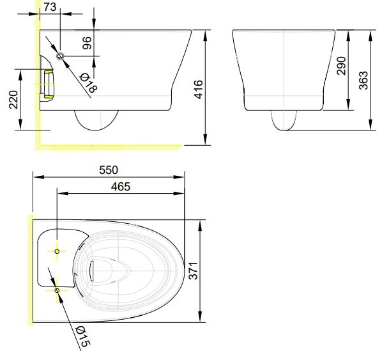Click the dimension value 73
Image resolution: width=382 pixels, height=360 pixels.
click(50, 6)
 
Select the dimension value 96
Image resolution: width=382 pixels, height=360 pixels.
click(88, 43)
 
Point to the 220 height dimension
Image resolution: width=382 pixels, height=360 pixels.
click(13, 99)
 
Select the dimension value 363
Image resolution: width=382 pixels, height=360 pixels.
click(363, 80)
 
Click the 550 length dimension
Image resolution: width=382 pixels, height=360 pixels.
click(108, 169)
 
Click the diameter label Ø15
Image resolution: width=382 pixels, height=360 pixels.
click(82, 337)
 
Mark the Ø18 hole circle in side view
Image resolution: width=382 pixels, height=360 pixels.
click(61, 56)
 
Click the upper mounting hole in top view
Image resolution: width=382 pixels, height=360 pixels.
click(57, 252)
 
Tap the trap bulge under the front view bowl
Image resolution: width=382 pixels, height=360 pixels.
click(284, 120)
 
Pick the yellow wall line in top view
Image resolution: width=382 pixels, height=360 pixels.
click(29, 269)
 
